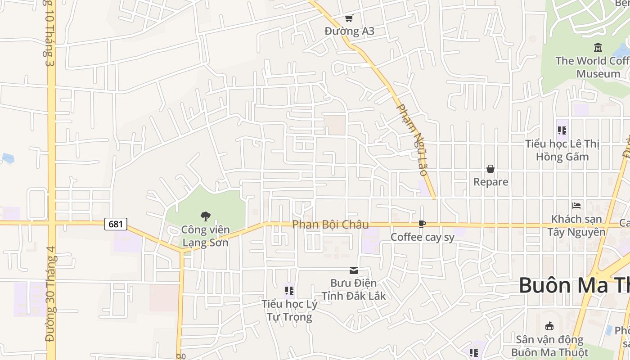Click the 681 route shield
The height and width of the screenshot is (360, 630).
tap(116, 224)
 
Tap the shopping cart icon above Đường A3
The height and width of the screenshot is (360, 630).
tap(349, 18)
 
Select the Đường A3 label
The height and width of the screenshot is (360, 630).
tap(349, 31)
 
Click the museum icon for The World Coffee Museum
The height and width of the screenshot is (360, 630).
tap(598, 47)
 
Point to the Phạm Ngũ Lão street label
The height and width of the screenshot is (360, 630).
tap(413, 140)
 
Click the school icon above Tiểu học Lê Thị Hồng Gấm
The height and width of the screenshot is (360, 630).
tap(562, 130)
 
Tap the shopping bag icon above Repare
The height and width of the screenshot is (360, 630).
tap(490, 169)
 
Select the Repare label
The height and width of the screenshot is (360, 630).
tap(490, 182)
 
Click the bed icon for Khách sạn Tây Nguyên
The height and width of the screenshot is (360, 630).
tap(576, 206)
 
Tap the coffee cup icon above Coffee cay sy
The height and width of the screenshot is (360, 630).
tap(422, 224)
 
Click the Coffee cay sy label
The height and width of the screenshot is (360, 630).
tap(423, 237)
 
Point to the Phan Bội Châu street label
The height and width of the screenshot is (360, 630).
tap(330, 225)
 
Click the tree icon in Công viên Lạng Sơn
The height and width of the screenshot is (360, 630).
tap(206, 216)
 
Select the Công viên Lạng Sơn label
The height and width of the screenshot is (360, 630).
tap(205, 236)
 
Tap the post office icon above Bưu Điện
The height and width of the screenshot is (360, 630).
tap(354, 270)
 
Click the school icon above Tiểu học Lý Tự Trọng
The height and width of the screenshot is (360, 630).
tap(289, 291)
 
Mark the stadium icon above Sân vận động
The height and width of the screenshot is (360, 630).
tap(549, 326)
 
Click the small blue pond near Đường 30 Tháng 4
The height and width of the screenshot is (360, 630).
tap(8, 158)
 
